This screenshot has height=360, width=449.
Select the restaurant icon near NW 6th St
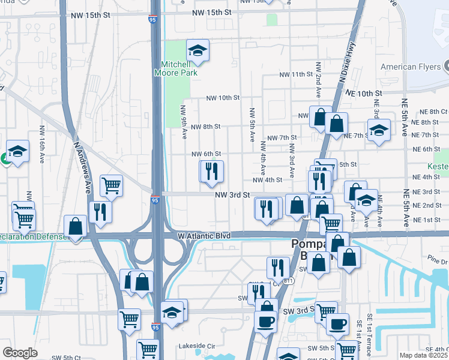(211, 172)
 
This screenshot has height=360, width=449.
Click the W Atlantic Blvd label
(205, 236)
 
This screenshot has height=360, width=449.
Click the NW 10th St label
(223, 98)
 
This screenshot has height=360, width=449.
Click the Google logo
(20, 353)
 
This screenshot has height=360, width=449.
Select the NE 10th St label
(364, 94)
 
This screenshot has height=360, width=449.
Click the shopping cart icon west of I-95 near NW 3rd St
(111, 185)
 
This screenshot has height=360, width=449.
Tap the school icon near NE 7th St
(379, 130)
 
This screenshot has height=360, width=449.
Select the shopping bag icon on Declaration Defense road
(75, 227)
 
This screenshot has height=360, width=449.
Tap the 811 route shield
(288, 281)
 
